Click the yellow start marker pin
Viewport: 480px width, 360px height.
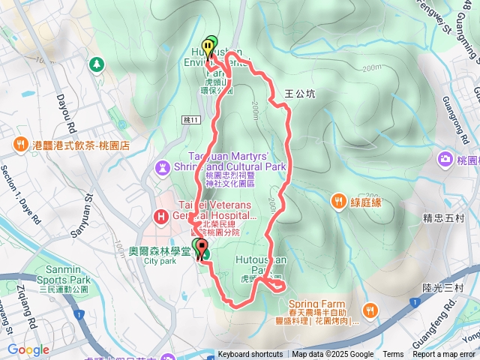pos(205,47)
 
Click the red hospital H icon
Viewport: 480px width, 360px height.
pos(160,217)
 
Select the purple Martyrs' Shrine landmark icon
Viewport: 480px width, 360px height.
pos(163,165)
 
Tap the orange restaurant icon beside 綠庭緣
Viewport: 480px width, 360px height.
pos(339,201)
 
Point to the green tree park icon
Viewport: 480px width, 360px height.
pos(96,64)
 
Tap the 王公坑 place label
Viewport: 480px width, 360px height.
pos(299,94)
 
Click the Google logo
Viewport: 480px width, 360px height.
pos(28,349)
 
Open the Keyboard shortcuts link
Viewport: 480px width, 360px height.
pos(250,355)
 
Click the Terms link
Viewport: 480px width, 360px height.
pos(393,355)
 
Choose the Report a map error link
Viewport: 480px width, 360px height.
pos(445,355)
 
